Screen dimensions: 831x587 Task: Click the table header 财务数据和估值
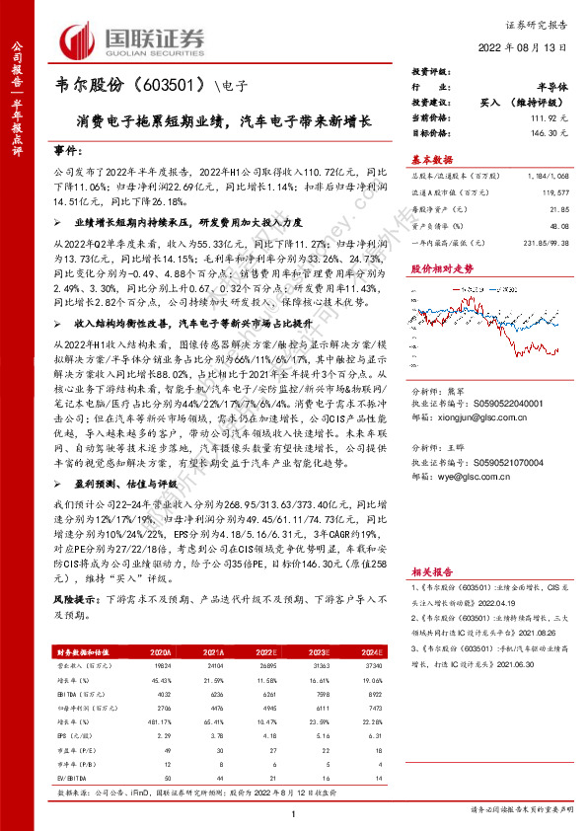80,652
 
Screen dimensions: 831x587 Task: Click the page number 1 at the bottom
294,811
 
